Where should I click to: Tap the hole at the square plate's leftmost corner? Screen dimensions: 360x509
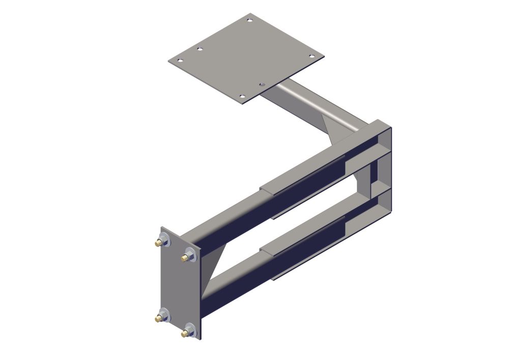point(179,60)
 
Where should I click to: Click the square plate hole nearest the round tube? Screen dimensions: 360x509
point(262,84)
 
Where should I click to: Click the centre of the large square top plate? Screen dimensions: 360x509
point(246,58)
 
